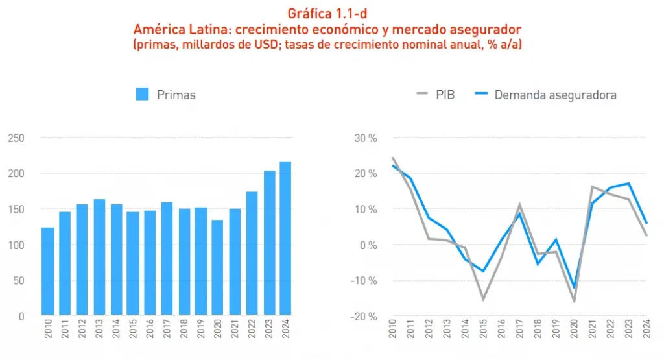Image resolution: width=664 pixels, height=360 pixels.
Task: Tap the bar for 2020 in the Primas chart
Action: tap(217, 267)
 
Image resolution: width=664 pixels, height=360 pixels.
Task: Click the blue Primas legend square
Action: tap(143, 94)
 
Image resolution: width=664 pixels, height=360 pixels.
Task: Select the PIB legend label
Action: tap(445, 95)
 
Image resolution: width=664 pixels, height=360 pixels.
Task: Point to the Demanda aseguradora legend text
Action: tap(555, 95)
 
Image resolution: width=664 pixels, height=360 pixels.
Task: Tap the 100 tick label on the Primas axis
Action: tap(17, 245)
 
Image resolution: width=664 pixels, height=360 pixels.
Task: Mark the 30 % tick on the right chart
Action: tap(364, 138)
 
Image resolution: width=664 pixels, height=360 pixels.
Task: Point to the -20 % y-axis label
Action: tap(362, 317)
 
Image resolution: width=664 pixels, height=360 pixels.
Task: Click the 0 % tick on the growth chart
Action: tap(366, 245)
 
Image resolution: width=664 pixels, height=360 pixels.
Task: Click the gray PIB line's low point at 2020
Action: tap(574, 302)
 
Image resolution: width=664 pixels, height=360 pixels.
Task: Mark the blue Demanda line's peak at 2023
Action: tap(629, 183)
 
